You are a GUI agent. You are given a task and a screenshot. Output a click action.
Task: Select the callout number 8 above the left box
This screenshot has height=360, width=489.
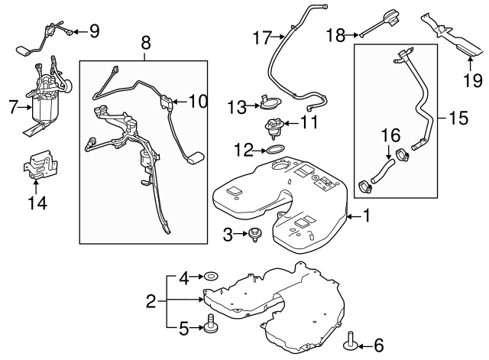coord(146,44)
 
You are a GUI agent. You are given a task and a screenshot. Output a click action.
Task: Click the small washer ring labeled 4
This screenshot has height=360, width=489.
coord(210,274)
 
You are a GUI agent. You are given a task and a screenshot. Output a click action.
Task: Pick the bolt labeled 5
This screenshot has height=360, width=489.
coord(209,329)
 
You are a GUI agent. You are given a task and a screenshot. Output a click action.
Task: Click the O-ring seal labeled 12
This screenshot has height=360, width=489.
coord(278,147)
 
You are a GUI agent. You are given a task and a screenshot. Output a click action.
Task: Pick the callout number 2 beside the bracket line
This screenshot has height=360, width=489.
coord(151,301)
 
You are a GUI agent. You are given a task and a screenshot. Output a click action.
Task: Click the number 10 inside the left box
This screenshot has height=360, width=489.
coord(198,100)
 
